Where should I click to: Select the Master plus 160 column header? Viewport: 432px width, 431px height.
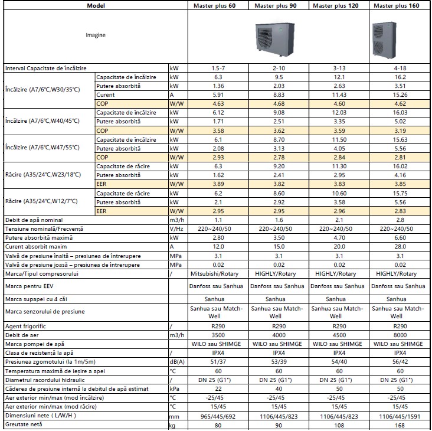coord(400,5)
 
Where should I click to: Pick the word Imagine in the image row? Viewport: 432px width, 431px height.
coord(95,35)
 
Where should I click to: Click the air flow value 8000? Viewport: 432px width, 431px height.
coord(400,335)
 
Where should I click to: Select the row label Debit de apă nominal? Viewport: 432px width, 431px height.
coord(36,220)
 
